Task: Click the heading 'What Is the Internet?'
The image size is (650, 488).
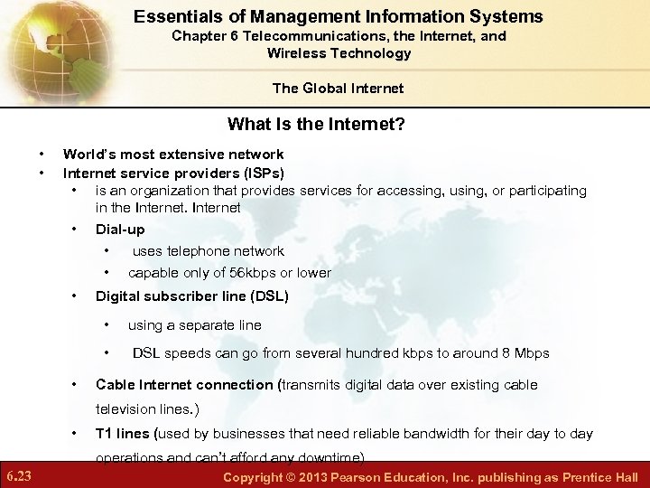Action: [316, 124]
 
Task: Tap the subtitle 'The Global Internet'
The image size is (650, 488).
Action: [339, 88]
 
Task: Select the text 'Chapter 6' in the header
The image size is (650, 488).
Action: [203, 36]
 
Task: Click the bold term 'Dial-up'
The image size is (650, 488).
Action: [120, 230]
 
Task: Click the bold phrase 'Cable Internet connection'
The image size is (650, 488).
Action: [184, 385]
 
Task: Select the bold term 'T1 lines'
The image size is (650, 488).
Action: [124, 434]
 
